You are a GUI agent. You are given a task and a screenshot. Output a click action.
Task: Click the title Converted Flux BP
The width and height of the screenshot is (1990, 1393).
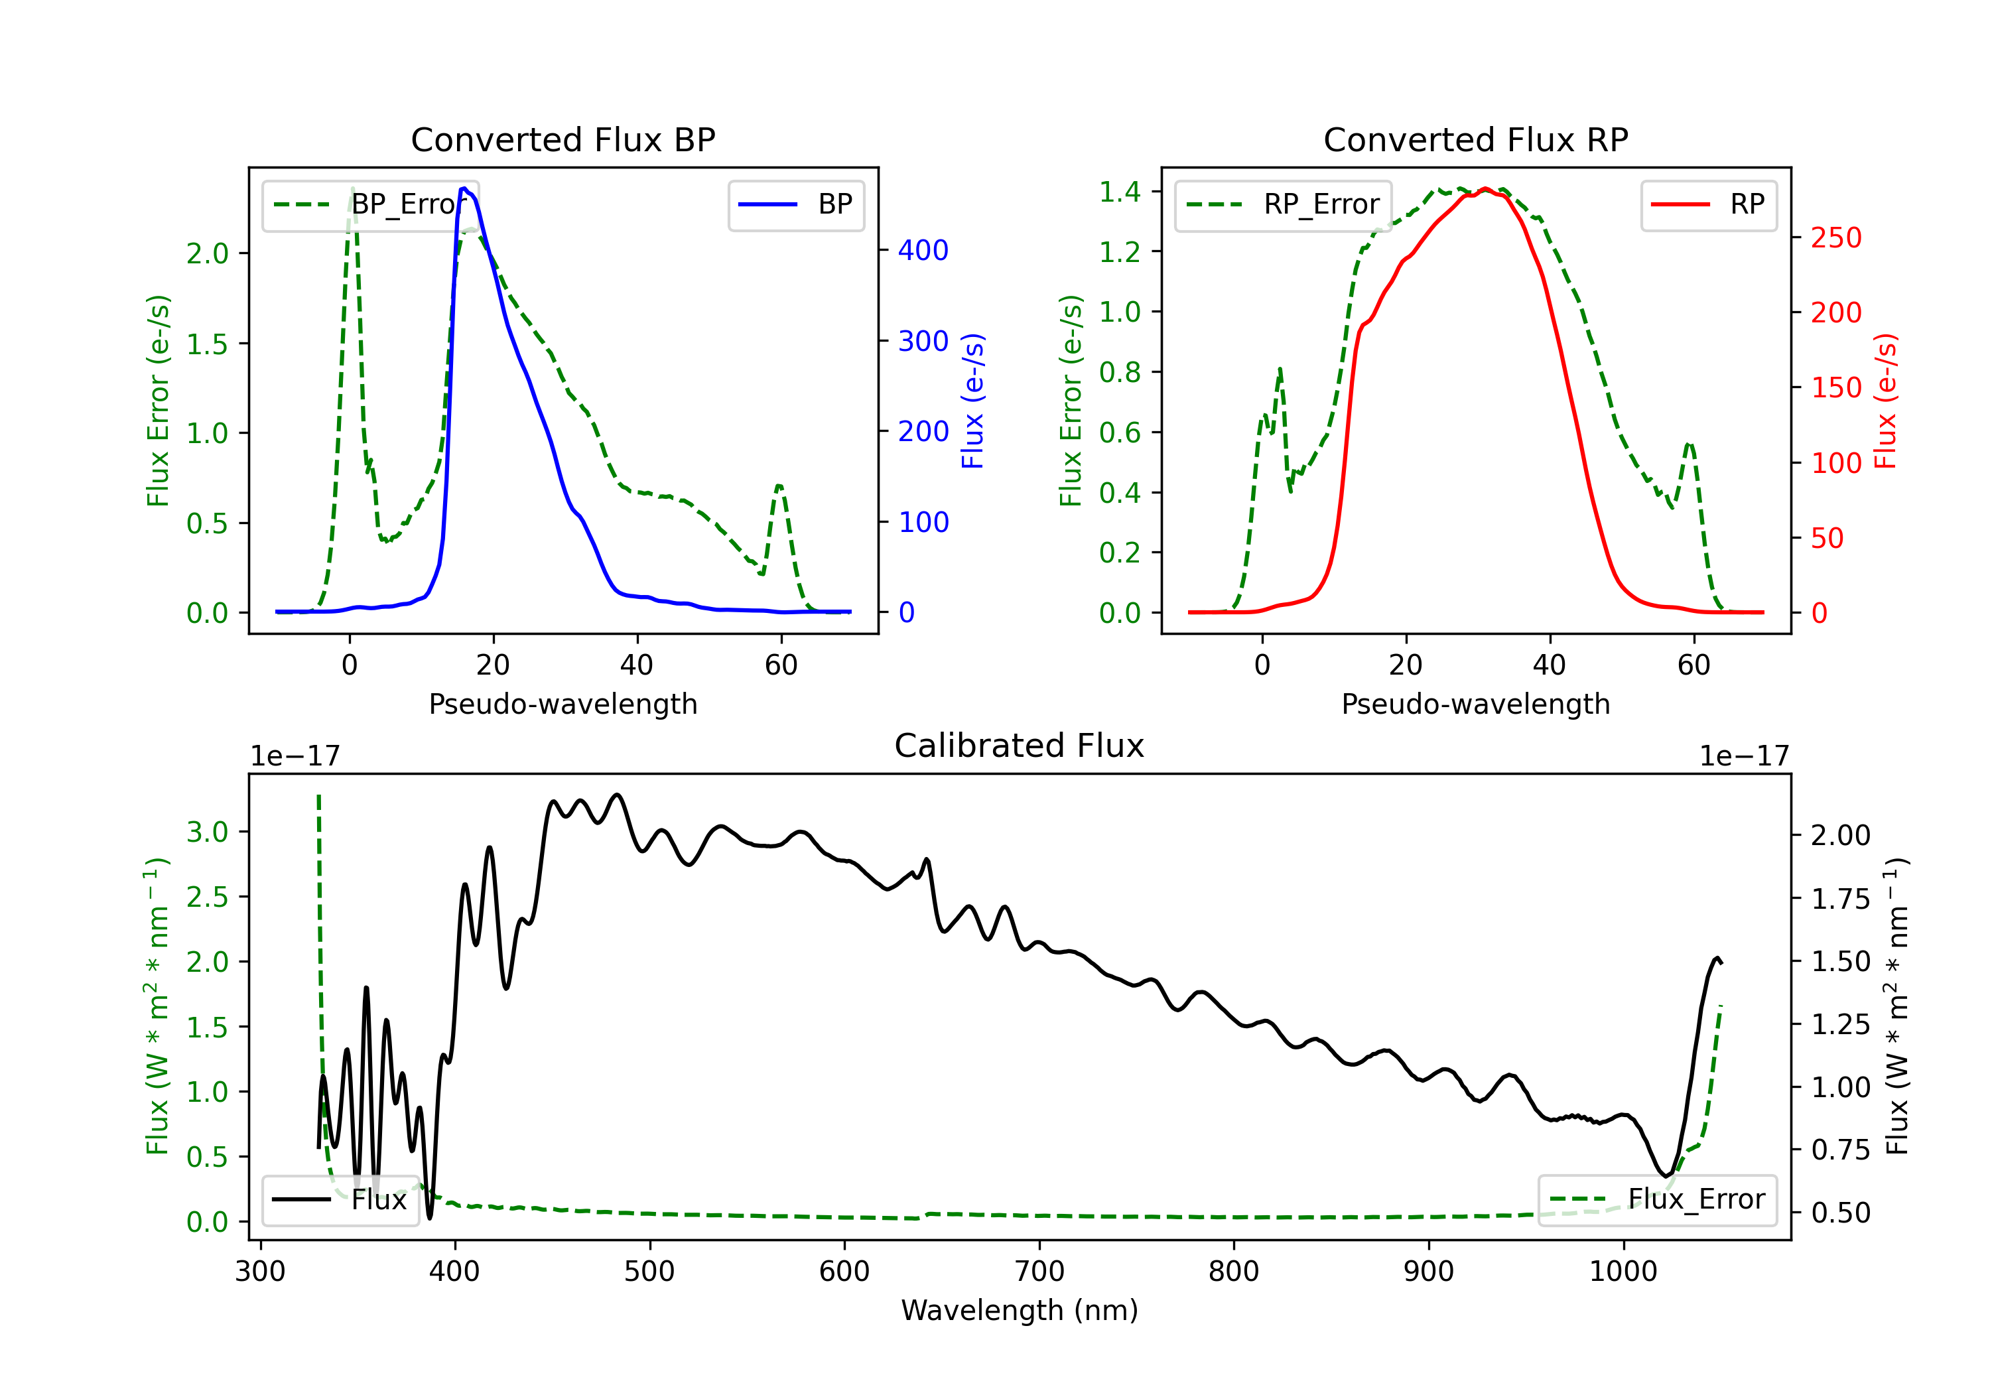pyautogui.click(x=563, y=139)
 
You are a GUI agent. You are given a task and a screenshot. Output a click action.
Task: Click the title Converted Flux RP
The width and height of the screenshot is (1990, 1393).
pyautogui.click(x=1475, y=139)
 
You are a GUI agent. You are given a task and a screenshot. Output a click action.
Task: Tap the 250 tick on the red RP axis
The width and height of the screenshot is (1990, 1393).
pyautogui.click(x=1835, y=237)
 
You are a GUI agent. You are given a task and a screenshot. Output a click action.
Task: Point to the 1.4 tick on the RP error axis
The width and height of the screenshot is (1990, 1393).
pyautogui.click(x=1120, y=192)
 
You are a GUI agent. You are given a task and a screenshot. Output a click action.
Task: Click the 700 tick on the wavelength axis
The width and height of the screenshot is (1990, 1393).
pyautogui.click(x=1038, y=1272)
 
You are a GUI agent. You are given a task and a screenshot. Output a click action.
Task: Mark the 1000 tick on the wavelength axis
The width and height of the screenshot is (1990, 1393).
pyautogui.click(x=1623, y=1272)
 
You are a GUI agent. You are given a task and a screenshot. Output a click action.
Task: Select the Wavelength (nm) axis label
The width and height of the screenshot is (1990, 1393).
pyautogui.click(x=1020, y=1310)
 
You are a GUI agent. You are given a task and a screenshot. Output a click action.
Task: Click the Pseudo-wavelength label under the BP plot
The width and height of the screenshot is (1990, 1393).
pyautogui.click(x=563, y=704)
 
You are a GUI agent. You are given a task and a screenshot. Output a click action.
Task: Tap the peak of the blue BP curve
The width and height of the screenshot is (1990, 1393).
pyautogui.click(x=464, y=188)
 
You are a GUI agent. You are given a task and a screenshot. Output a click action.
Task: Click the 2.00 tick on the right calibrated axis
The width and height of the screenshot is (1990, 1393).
pyautogui.click(x=1840, y=836)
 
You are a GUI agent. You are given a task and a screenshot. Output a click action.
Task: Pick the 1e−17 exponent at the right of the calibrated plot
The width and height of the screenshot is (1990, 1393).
pyautogui.click(x=1744, y=757)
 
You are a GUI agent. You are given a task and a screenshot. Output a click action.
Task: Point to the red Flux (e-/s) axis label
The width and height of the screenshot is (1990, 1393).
pyautogui.click(x=1885, y=401)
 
